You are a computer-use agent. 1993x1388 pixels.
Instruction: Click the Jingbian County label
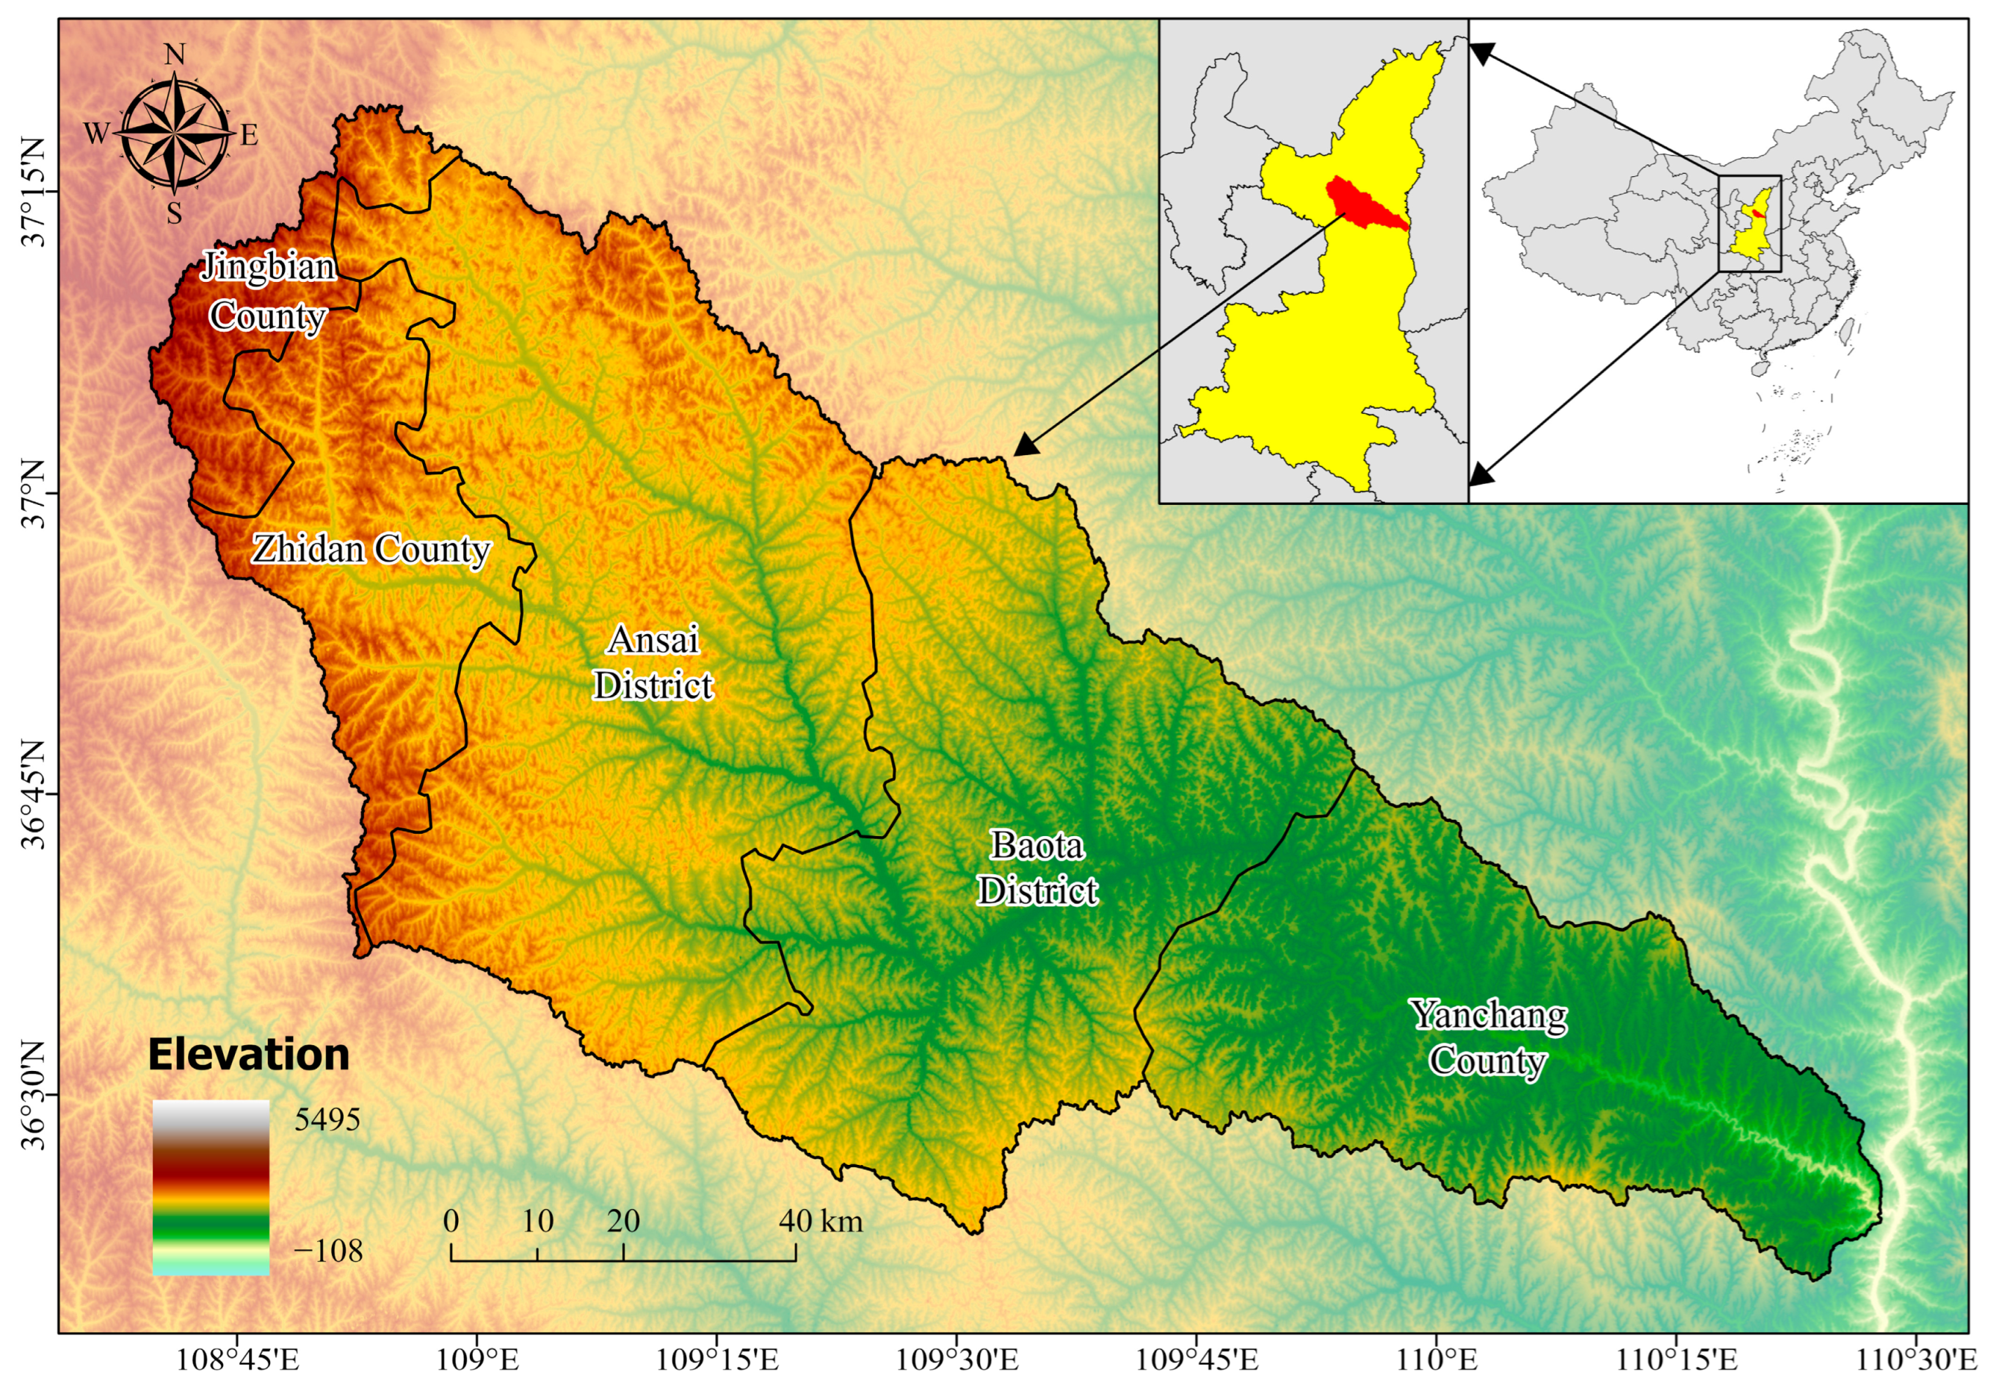click(267, 291)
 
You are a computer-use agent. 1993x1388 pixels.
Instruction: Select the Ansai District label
click(653, 662)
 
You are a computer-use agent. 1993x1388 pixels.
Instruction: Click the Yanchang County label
click(1488, 1037)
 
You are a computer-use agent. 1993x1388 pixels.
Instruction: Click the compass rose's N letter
click(175, 56)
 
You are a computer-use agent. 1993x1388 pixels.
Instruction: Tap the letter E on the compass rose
click(249, 135)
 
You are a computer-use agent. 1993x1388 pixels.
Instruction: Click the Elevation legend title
click(248, 1055)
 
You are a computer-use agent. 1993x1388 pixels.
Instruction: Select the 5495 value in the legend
click(327, 1120)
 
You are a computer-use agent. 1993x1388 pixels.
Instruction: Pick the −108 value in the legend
click(328, 1251)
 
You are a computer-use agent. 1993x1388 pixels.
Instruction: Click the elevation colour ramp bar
click(211, 1187)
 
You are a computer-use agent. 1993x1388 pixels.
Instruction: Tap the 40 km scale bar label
click(820, 1221)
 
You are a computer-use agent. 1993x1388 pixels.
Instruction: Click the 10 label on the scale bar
click(537, 1221)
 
